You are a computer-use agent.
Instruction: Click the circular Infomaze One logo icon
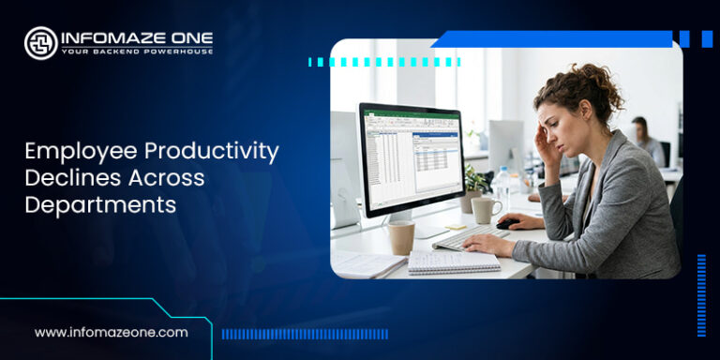tap(40, 42)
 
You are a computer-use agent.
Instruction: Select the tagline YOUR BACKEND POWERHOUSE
tap(137, 52)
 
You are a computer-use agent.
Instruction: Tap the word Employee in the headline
tap(70, 151)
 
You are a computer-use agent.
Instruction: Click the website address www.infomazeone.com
tap(111, 332)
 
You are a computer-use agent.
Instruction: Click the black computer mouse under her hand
tap(507, 223)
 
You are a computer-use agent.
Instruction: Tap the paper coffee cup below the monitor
tap(400, 237)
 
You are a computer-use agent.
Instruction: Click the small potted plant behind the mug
tap(474, 184)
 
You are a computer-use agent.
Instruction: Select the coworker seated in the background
tap(644, 141)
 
